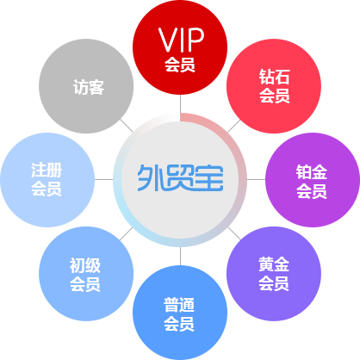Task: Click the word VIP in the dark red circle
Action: (181, 40)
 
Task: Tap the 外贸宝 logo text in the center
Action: (180, 178)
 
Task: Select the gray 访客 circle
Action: (86, 86)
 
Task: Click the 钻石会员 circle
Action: (274, 86)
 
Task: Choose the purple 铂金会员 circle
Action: (313, 180)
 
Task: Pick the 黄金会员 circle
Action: (274, 274)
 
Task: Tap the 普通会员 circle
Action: (180, 313)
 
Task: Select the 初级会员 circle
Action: (86, 274)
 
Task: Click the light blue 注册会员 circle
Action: (47, 180)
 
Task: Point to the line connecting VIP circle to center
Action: (180, 104)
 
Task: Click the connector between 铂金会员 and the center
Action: (256, 180)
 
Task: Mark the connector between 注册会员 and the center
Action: (104, 180)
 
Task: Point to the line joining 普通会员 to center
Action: (180, 256)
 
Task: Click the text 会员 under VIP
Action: (180, 65)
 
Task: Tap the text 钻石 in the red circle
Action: (274, 77)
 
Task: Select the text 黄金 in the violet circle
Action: (274, 264)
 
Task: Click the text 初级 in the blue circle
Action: (85, 265)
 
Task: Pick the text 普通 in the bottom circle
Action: (179, 305)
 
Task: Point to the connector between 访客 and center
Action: (127, 126)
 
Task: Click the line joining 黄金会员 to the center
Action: (234, 233)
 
